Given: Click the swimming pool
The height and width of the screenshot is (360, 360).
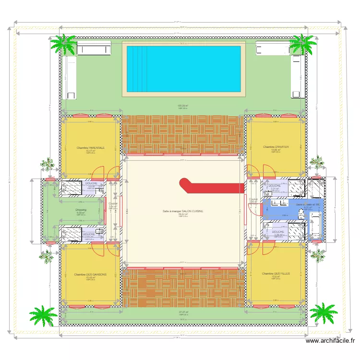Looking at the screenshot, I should coord(183,68).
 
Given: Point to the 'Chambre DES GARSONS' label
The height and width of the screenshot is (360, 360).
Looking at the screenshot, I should coord(91,275).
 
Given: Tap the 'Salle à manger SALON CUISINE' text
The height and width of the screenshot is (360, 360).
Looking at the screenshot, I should coord(183,211).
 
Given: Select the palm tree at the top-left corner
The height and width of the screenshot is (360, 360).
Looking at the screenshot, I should coord(64,44).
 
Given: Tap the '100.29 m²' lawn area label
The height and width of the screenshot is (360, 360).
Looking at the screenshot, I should coord(183,106).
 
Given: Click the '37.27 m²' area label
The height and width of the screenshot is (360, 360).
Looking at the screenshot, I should coord(183,312).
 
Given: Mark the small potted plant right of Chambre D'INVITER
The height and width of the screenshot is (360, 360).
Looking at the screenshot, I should coord(317,162).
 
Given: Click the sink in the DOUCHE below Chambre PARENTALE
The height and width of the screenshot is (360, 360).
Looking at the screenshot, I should coord(99,191).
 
